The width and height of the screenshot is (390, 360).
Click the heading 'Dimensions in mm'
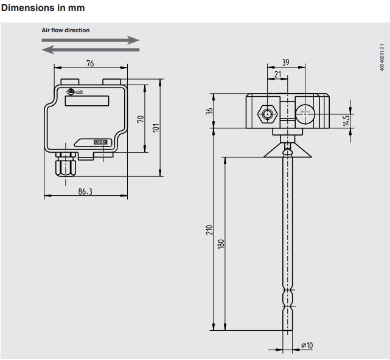pos(43,8)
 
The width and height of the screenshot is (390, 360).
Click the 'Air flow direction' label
pos(65,30)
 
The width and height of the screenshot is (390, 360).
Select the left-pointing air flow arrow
pos(91,49)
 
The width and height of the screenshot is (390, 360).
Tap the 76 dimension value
pos(89,63)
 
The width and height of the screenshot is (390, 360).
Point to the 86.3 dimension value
pos(86,191)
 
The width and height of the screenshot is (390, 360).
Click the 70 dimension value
pos(139,119)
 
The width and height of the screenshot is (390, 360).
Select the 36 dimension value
pos(209,111)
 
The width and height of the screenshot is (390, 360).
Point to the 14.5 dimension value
pos(346,120)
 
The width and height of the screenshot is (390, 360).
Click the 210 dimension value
pos(209,230)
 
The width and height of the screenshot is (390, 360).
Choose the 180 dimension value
pos(221,243)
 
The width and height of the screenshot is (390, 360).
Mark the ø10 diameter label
pos(307,346)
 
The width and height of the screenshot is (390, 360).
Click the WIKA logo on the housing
pos(99,141)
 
